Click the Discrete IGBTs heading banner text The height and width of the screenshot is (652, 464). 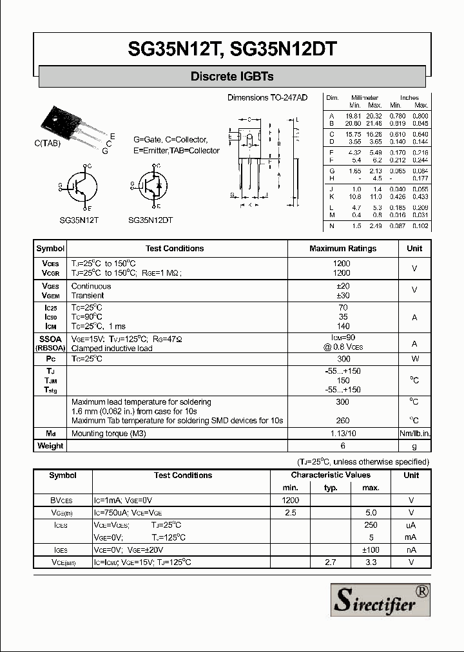pyautogui.click(x=232, y=77)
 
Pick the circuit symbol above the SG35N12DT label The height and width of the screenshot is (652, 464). pyautogui.click(x=152, y=187)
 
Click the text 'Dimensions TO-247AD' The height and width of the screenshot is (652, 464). pyautogui.click(x=267, y=97)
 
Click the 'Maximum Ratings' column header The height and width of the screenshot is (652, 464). pyautogui.click(x=343, y=249)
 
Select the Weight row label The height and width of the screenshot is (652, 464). pyautogui.click(x=50, y=446)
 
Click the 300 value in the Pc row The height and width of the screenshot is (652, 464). pyautogui.click(x=343, y=359)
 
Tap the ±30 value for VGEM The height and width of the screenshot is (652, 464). pyautogui.click(x=343, y=296)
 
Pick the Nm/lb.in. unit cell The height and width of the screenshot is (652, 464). pyautogui.click(x=414, y=434)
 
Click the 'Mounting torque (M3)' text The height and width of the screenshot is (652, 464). pyautogui.click(x=109, y=434)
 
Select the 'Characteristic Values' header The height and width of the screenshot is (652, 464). pyautogui.click(x=330, y=475)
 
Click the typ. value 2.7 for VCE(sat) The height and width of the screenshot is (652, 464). pyautogui.click(x=331, y=562)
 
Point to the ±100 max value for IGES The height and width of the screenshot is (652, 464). pyautogui.click(x=371, y=550)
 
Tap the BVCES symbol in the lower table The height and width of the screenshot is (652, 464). pyautogui.click(x=62, y=501)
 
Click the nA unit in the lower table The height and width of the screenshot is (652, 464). pyautogui.click(x=411, y=550)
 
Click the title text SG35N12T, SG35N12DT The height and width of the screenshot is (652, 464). pyautogui.click(x=232, y=50)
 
